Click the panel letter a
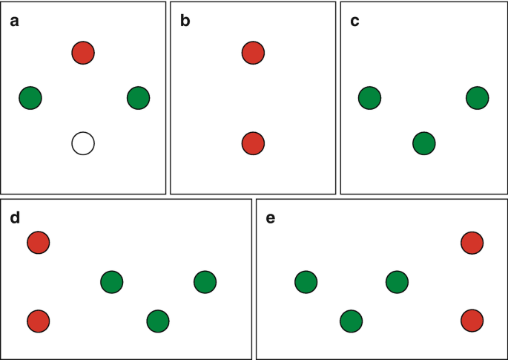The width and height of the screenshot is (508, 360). pyautogui.click(x=14, y=21)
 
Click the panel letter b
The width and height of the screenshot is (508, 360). pyautogui.click(x=185, y=21)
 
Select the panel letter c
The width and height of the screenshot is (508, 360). pyautogui.click(x=354, y=21)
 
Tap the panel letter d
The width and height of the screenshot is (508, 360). pyautogui.click(x=14, y=218)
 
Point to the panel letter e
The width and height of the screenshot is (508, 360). pyautogui.click(x=270, y=218)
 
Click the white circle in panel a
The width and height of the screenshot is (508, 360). pyautogui.click(x=83, y=143)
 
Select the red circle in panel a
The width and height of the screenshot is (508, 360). pyautogui.click(x=83, y=53)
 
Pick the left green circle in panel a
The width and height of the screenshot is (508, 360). pyautogui.click(x=30, y=97)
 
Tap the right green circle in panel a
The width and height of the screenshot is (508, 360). pyautogui.click(x=138, y=97)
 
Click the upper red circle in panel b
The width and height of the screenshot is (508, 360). pyautogui.click(x=253, y=53)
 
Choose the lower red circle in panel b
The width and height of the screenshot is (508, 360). pyautogui.click(x=253, y=143)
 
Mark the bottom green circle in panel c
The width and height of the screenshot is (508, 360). pyautogui.click(x=423, y=143)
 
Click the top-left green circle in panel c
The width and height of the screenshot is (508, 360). pyautogui.click(x=369, y=97)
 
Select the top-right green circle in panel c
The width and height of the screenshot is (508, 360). pyautogui.click(x=477, y=97)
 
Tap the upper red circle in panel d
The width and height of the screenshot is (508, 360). pyautogui.click(x=38, y=242)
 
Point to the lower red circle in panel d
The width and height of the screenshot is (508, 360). pyautogui.click(x=38, y=321)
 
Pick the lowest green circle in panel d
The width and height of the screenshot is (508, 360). pyautogui.click(x=158, y=321)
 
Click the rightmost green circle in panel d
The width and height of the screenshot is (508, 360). pyautogui.click(x=205, y=282)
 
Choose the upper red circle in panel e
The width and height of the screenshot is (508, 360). pyautogui.click(x=472, y=242)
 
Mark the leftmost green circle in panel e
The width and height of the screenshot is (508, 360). pyautogui.click(x=306, y=282)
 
